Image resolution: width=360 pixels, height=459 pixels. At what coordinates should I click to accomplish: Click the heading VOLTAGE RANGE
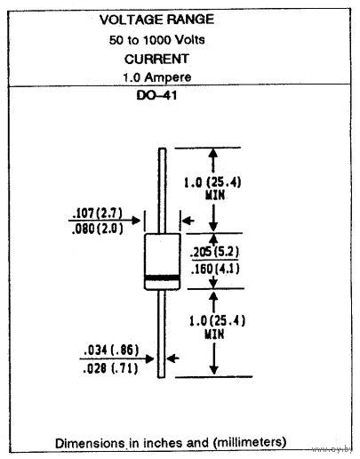pyautogui.click(x=156, y=20)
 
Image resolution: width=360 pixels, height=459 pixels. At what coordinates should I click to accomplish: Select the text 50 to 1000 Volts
pyautogui.click(x=156, y=40)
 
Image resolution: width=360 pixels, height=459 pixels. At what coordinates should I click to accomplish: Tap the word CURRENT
pyautogui.click(x=156, y=59)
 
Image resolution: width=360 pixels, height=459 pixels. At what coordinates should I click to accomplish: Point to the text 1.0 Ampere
pyautogui.click(x=157, y=77)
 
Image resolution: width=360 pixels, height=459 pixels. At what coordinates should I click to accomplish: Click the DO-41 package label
pyautogui.click(x=156, y=95)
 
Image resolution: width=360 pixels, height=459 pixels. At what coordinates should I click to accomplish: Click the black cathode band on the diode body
pyautogui.click(x=163, y=278)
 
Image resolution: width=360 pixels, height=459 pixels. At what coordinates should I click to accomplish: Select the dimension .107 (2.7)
pyautogui.click(x=97, y=213)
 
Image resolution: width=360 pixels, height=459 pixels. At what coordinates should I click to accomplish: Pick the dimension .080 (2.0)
pyautogui.click(x=97, y=229)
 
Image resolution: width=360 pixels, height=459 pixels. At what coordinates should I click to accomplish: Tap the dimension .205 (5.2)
pyautogui.click(x=214, y=252)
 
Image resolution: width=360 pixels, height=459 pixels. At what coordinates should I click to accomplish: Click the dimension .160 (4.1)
pyautogui.click(x=215, y=269)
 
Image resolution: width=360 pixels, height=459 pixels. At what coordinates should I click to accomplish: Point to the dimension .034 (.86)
pyautogui.click(x=111, y=350)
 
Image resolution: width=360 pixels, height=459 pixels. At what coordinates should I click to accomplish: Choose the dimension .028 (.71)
pyautogui.click(x=110, y=368)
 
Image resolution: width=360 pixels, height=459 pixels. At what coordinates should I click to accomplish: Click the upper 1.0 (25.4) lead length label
pyautogui.click(x=212, y=182)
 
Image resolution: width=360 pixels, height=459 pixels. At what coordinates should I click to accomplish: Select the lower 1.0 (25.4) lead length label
pyautogui.click(x=217, y=321)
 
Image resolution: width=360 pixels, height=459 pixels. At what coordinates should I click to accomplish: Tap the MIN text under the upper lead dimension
pyautogui.click(x=215, y=196)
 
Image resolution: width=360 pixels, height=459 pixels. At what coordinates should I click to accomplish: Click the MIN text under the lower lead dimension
pyautogui.click(x=214, y=334)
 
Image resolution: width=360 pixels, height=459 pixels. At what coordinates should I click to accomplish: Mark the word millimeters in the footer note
pyautogui.click(x=250, y=442)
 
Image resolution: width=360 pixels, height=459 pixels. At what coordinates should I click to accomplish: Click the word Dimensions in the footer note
pyautogui.click(x=90, y=443)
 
